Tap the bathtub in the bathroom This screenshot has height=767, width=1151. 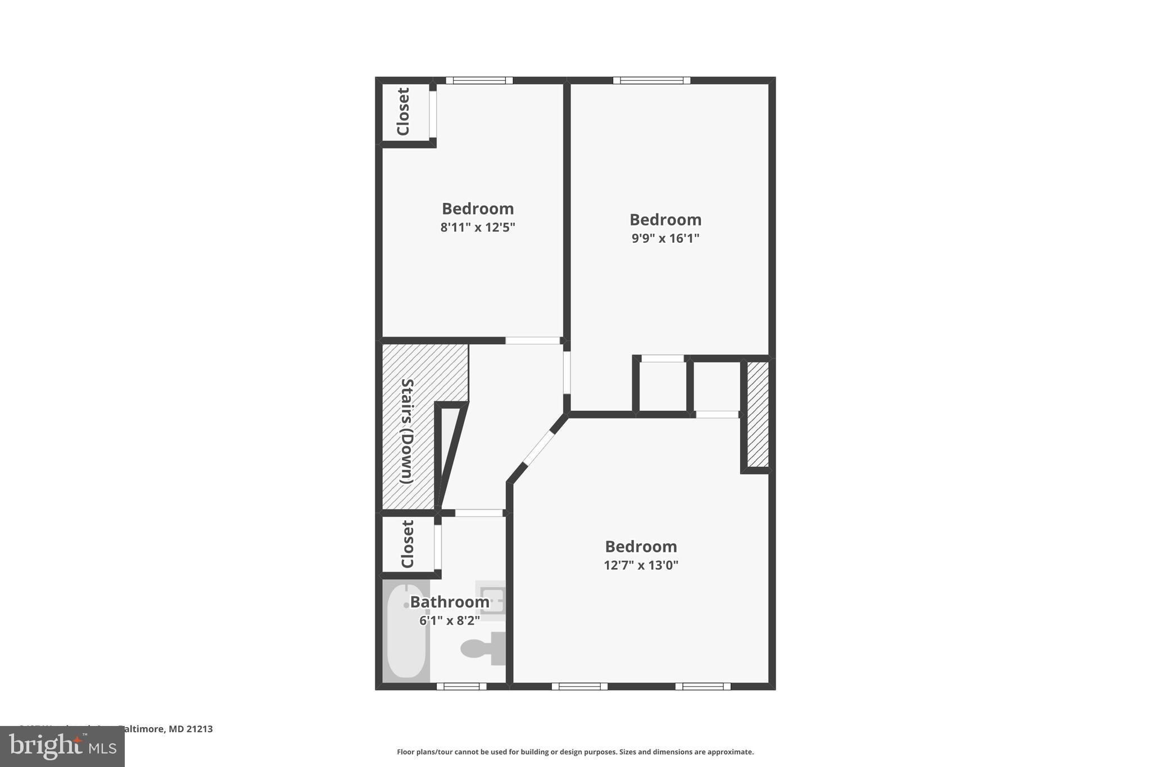coord(406,631)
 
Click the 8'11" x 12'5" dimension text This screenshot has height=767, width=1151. coord(478,228)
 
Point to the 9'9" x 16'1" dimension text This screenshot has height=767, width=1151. coord(665,238)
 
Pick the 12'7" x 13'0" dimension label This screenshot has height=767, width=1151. coord(641,565)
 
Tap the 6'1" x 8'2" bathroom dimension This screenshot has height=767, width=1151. coord(450,621)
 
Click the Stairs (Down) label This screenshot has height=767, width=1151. coord(406,432)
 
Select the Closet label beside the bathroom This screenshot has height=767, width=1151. coord(407,544)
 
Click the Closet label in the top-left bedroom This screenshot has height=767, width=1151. coord(403,111)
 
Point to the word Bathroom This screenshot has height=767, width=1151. coord(450,602)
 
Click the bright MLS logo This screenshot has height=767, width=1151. coord(62,746)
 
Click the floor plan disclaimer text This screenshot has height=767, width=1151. coord(575,752)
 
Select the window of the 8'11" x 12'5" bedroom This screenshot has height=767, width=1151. coord(479,80)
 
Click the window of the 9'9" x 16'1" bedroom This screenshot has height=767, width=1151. coord(651,80)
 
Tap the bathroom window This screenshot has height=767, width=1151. coord(461,686)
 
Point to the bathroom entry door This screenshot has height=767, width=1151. coord(478,513)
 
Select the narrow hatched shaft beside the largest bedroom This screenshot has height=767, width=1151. coord(758,414)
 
